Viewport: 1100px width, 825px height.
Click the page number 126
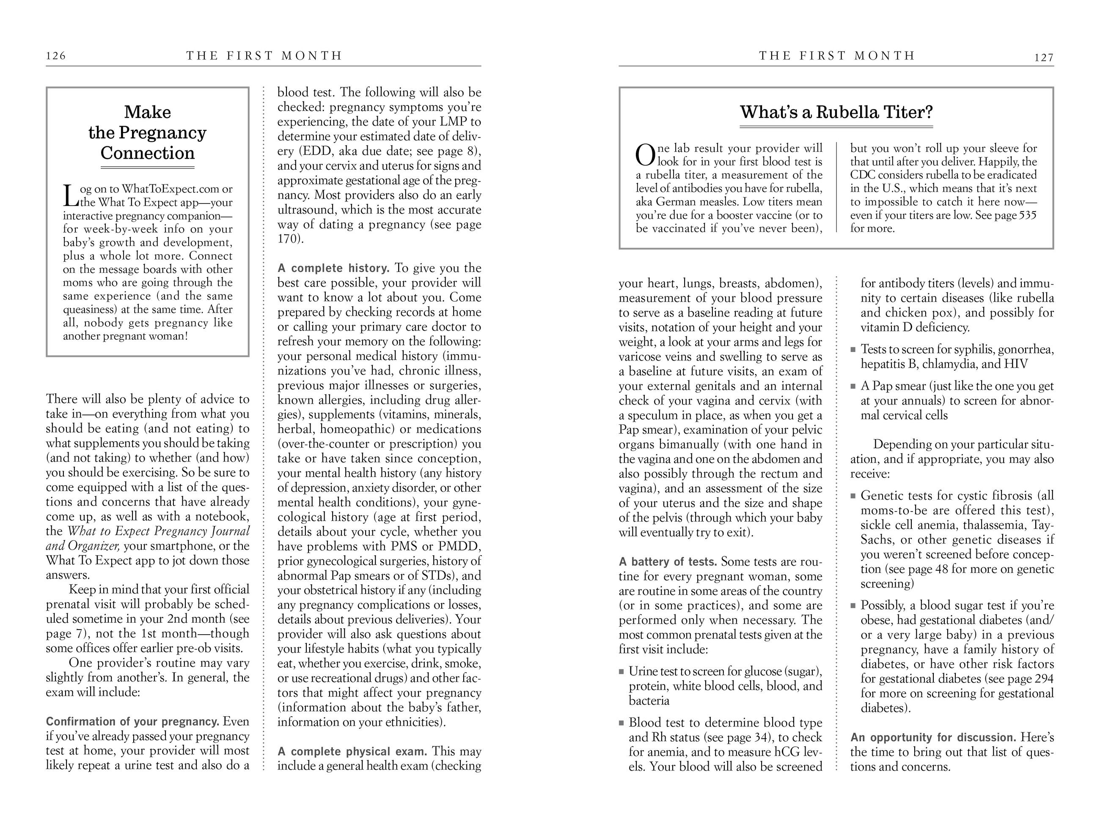pyautogui.click(x=56, y=56)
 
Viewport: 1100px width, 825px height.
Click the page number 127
pyautogui.click(x=1044, y=58)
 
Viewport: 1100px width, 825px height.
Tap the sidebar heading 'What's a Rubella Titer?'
pyautogui.click(x=836, y=112)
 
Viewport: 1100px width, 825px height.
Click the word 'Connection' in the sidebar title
pyautogui.click(x=147, y=153)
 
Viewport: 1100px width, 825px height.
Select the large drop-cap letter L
pyautogui.click(x=70, y=196)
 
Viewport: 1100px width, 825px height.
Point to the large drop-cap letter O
pyautogui.click(x=646, y=155)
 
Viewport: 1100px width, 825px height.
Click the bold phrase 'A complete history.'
pyautogui.click(x=333, y=269)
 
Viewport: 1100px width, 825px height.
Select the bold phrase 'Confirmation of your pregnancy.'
pyautogui.click(x=132, y=722)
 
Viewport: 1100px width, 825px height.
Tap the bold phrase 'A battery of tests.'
pyautogui.click(x=667, y=562)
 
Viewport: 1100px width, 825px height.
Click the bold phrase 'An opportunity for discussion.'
pyautogui.click(x=933, y=737)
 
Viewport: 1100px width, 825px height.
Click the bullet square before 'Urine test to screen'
pyautogui.click(x=621, y=672)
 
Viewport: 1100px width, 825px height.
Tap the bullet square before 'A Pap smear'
pyautogui.click(x=853, y=386)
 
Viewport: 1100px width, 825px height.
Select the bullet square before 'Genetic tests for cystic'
pyautogui.click(x=853, y=496)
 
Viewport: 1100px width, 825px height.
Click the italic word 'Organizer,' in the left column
pyautogui.click(x=94, y=546)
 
